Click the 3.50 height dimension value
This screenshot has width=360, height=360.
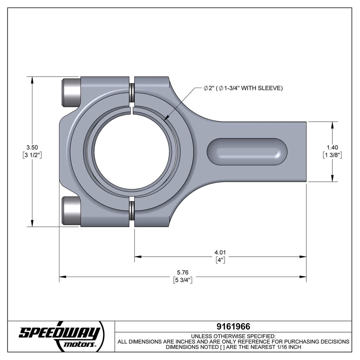[32, 147]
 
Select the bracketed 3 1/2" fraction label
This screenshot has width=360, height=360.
[32, 155]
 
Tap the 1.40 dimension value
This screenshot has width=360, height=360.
[332, 147]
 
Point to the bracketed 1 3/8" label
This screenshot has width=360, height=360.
[332, 155]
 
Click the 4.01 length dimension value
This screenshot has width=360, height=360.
[220, 253]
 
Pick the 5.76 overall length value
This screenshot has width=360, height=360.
[183, 273]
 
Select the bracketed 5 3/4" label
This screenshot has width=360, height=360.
[183, 280]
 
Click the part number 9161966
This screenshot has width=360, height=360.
[233, 326]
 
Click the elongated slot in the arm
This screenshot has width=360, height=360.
[247, 152]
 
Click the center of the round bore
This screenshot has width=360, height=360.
[132, 152]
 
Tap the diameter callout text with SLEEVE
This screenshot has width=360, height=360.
[243, 88]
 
